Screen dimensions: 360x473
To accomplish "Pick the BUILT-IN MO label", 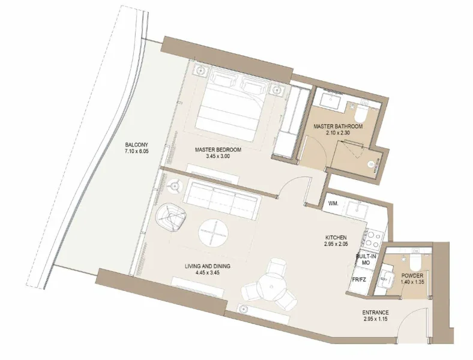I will (x=366, y=260).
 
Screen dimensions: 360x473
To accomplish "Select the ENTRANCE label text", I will (x=376, y=313).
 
